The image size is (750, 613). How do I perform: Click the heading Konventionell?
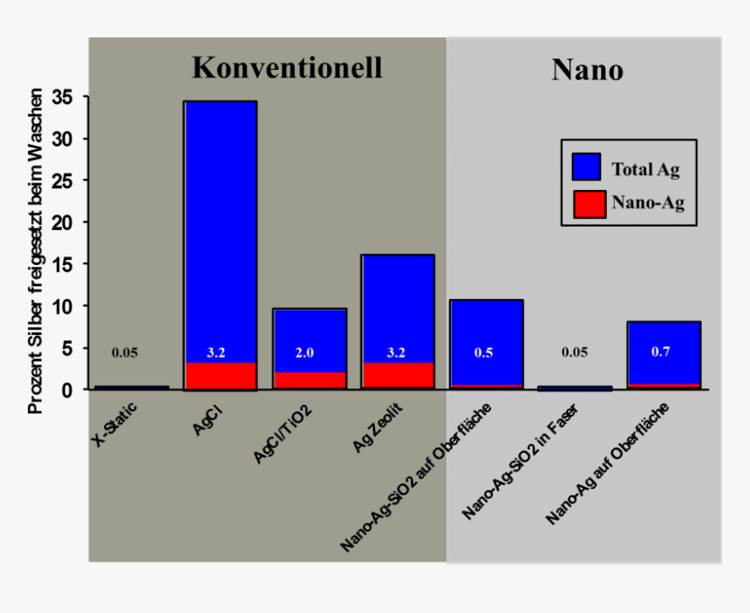pyautogui.click(x=287, y=67)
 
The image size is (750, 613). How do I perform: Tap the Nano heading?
pyautogui.click(x=587, y=70)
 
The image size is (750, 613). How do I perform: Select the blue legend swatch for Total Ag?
pyautogui.click(x=587, y=167)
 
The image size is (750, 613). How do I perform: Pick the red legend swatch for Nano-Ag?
pyautogui.click(x=587, y=203)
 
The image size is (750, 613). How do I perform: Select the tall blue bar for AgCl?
pyautogui.click(x=220, y=227)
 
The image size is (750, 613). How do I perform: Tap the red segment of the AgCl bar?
pyautogui.click(x=220, y=376)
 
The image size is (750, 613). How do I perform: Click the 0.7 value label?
pyautogui.click(x=663, y=352)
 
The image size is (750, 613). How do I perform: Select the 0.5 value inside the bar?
pyautogui.click(x=486, y=353)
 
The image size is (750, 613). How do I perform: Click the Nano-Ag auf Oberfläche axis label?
pyautogui.click(x=607, y=464)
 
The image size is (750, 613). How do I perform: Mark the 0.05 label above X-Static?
pyautogui.click(x=125, y=353)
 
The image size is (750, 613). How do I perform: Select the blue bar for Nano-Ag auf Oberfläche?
pyautogui.click(x=664, y=336)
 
